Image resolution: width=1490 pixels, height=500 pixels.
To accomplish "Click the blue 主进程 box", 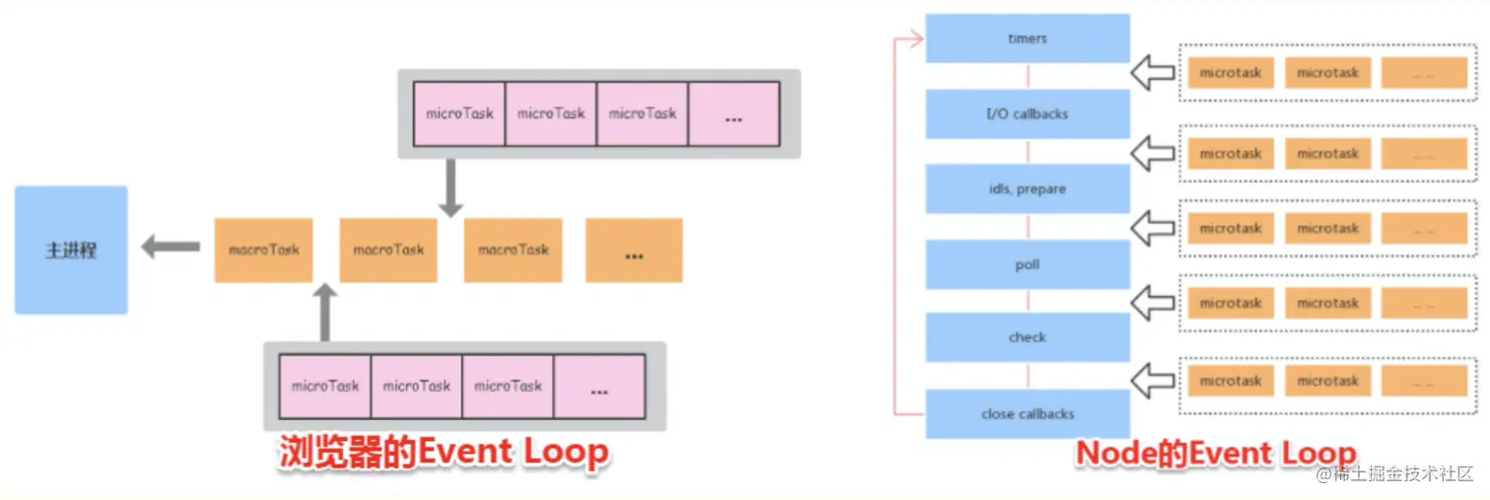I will tap(71, 250).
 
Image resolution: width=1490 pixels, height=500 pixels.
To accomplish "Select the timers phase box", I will tap(1027, 38).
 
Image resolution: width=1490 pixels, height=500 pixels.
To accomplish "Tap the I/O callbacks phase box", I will tap(1027, 113).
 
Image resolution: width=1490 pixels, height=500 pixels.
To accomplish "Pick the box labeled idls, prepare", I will tap(1027, 188).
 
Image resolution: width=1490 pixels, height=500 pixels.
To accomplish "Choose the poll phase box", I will tap(1027, 264).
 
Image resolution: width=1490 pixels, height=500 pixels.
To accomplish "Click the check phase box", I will tap(1027, 337).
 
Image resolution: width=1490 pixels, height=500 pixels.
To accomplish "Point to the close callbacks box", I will tap(1027, 414).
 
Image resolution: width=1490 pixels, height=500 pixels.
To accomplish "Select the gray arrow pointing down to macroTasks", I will tap(450, 187).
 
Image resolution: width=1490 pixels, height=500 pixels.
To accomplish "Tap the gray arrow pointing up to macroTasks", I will tap(325, 313).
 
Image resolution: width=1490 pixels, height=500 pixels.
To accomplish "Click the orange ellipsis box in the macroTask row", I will tap(634, 250).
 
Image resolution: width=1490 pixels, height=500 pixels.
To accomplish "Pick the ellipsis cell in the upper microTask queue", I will tap(733, 114).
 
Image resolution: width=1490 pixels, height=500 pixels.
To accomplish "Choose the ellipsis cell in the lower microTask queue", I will tap(599, 387).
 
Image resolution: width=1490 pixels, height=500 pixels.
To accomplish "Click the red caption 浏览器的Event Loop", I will tap(443, 454).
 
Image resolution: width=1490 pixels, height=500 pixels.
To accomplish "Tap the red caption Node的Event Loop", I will tap(1215, 454).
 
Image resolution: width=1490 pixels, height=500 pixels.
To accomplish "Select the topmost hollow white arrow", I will tap(1153, 72).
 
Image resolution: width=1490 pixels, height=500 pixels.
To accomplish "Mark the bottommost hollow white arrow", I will tap(1153, 380).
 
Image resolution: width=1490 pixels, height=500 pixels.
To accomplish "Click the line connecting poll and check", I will tap(1027, 301).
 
